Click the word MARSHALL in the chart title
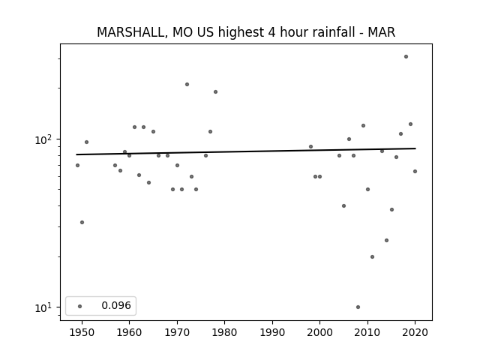pos(132,32)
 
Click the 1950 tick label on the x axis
pos(82,332)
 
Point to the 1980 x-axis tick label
pos(224,332)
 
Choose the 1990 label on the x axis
pos(272,332)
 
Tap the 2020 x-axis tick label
pos(415,332)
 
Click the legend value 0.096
pos(116,305)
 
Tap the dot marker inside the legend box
pos(80,306)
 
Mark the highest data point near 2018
pos(406,57)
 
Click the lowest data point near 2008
pos(358,307)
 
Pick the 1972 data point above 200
pos(187,85)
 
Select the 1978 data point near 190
pos(215,91)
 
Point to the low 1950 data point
pos(82,222)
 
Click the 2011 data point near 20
pos(372,256)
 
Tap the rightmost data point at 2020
pos(415,172)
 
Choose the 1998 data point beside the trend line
pos(310,147)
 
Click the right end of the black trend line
pos(415,148)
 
